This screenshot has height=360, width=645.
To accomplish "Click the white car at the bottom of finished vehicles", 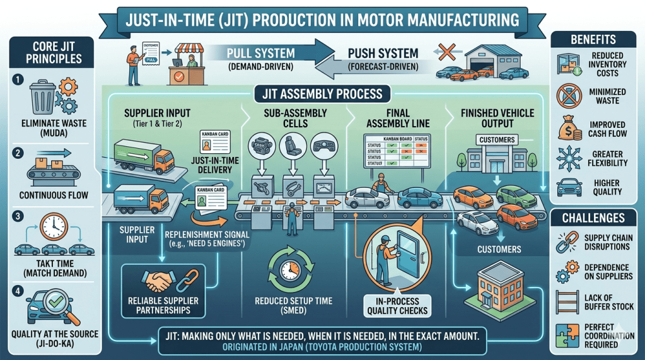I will [477, 222].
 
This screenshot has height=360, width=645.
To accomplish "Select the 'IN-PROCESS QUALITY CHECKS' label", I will [397, 305].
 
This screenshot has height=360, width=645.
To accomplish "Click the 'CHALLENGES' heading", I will [595, 218].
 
